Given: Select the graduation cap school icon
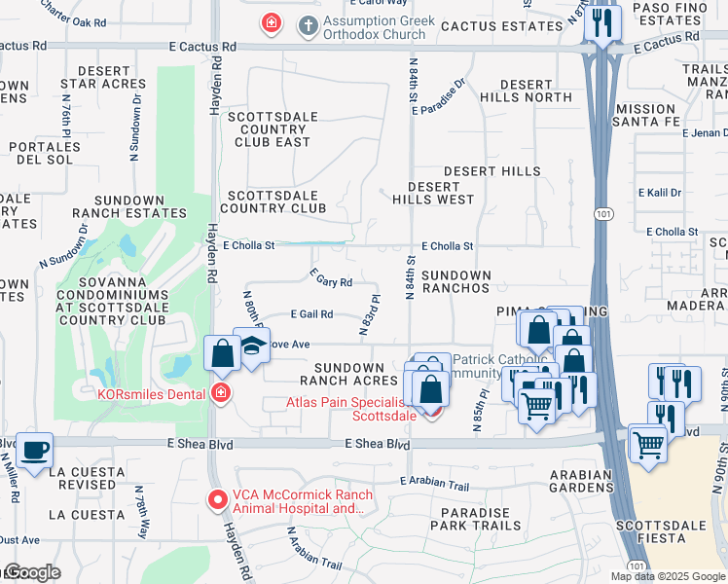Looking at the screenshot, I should coord(252,347).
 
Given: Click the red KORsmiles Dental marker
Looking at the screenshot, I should coord(222,392).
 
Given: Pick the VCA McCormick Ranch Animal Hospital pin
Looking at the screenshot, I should coord(218,500).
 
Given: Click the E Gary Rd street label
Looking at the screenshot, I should coord(331,279).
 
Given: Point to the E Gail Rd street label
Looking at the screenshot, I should coord(311,314).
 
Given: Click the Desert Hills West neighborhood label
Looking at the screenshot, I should coord(433,193).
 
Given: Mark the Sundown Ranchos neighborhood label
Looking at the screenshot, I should coord(455,282).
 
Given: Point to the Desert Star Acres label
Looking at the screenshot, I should coord(103,78).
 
